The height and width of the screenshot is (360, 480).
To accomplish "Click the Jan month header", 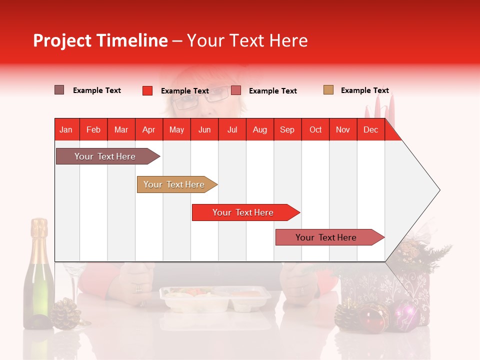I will pos(66,129).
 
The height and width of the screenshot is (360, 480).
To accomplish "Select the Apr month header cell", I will pos(148,129).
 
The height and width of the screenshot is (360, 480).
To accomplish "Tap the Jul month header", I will pos(232,129).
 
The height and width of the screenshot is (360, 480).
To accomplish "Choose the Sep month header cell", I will pos(287,129).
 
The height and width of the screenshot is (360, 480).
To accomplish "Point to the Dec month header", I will pos(370,129).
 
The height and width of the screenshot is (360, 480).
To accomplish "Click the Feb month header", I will pos(93,129).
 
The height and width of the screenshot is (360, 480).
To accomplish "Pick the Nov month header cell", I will pos(343,129).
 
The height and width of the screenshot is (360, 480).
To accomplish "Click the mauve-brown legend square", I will pos(59,90).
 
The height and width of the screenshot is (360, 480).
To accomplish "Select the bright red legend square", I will pos(147,90).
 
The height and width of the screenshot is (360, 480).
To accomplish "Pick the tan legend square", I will pos(328,90).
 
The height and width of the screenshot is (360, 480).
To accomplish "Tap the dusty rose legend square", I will pos(236,90).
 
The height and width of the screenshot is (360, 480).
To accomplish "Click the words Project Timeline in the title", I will pos(100,40).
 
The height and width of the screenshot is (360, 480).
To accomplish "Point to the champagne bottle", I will pos(39,275).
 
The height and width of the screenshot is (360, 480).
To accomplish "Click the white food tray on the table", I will pos(215,299).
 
